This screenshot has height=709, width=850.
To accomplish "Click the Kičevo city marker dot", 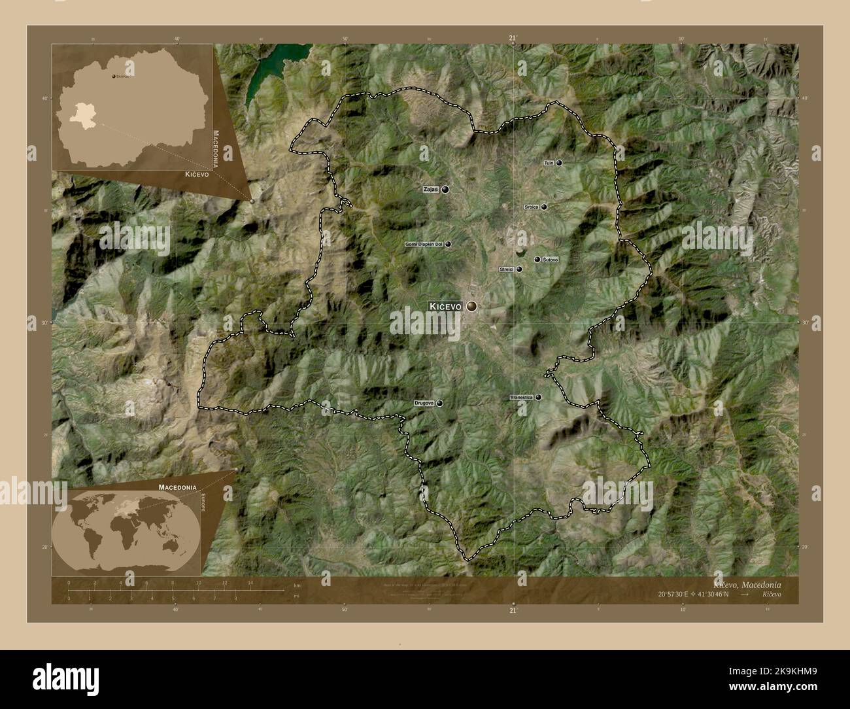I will tap(471, 306).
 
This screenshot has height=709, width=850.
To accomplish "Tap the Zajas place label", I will tap(430, 190).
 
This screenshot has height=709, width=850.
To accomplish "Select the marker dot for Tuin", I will tap(559, 163).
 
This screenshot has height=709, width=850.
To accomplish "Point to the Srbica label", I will tap(531, 207).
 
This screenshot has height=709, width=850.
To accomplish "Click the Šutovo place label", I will tap(552, 260).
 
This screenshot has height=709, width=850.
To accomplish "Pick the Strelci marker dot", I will tap(519, 269).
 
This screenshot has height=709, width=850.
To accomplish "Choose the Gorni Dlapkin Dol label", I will tap(424, 244).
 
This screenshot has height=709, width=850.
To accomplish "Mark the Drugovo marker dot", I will tap(439, 404).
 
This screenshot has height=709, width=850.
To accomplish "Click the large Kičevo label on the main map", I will tap(445, 306).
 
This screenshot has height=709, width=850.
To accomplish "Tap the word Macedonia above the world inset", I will tap(177, 487).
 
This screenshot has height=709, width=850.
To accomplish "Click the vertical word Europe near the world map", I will tap(203, 506).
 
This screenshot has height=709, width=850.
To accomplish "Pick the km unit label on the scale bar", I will tap(297, 587).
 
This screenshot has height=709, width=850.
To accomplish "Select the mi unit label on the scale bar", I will tap(297, 596).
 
